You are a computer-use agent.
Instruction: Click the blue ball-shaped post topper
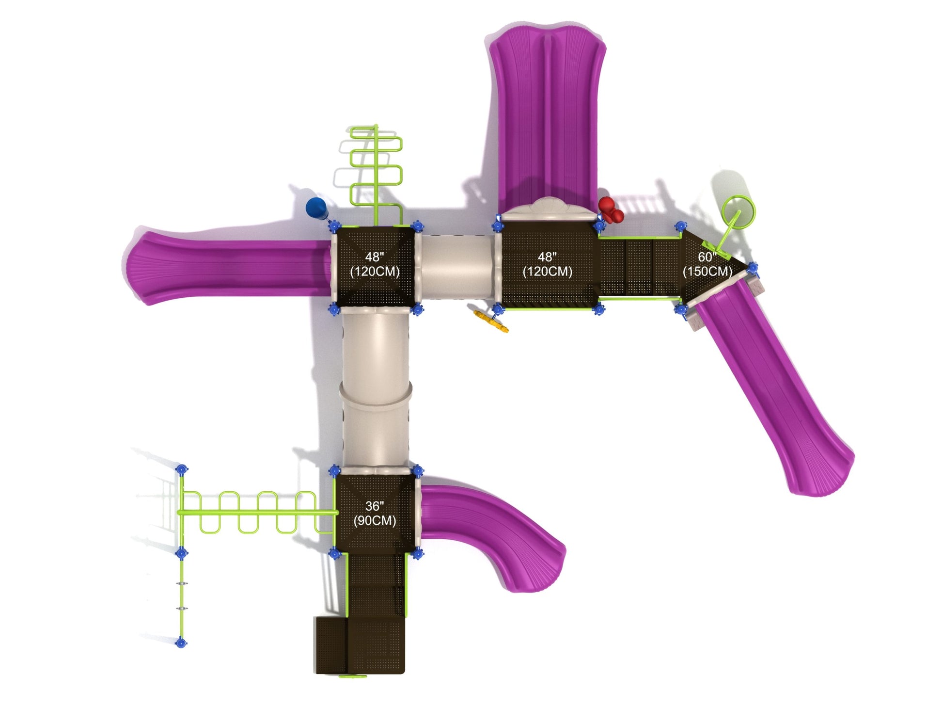(x=315, y=207)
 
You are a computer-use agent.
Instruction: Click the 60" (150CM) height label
(x=707, y=264)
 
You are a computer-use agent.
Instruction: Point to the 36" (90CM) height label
(x=374, y=514)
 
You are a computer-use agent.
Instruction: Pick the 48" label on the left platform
(x=375, y=257)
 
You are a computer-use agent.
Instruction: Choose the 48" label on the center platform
(x=547, y=257)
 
